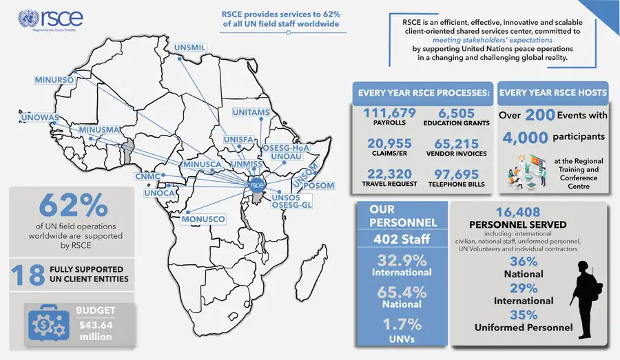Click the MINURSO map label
[54, 81]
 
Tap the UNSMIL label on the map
[190, 47]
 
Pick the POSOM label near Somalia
[318, 186]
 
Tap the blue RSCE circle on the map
[256, 184]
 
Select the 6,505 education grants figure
[455, 113]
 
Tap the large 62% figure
[73, 205]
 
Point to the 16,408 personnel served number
[517, 213]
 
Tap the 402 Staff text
[402, 240]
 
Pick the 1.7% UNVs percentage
[402, 323]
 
